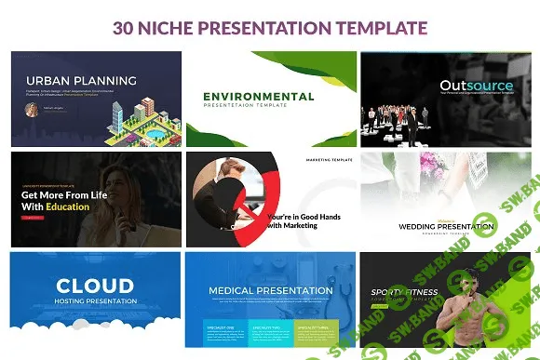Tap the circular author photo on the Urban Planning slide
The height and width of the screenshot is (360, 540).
tap(34, 108)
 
